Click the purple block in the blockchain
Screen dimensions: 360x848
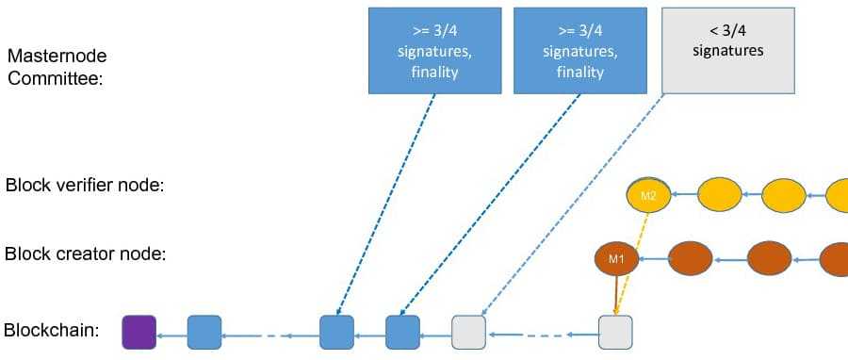coord(139,332)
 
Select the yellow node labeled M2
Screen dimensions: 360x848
coord(648,195)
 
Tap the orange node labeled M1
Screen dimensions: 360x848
coord(616,258)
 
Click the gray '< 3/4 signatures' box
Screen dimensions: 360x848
coord(727,50)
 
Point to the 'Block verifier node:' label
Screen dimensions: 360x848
coord(85,186)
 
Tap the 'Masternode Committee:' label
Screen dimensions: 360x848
coord(56,67)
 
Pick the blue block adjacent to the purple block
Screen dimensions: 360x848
coord(204,332)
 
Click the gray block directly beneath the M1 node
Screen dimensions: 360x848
coord(615,332)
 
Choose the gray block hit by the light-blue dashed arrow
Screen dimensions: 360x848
coord(468,332)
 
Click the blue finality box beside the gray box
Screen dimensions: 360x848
coord(579,50)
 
